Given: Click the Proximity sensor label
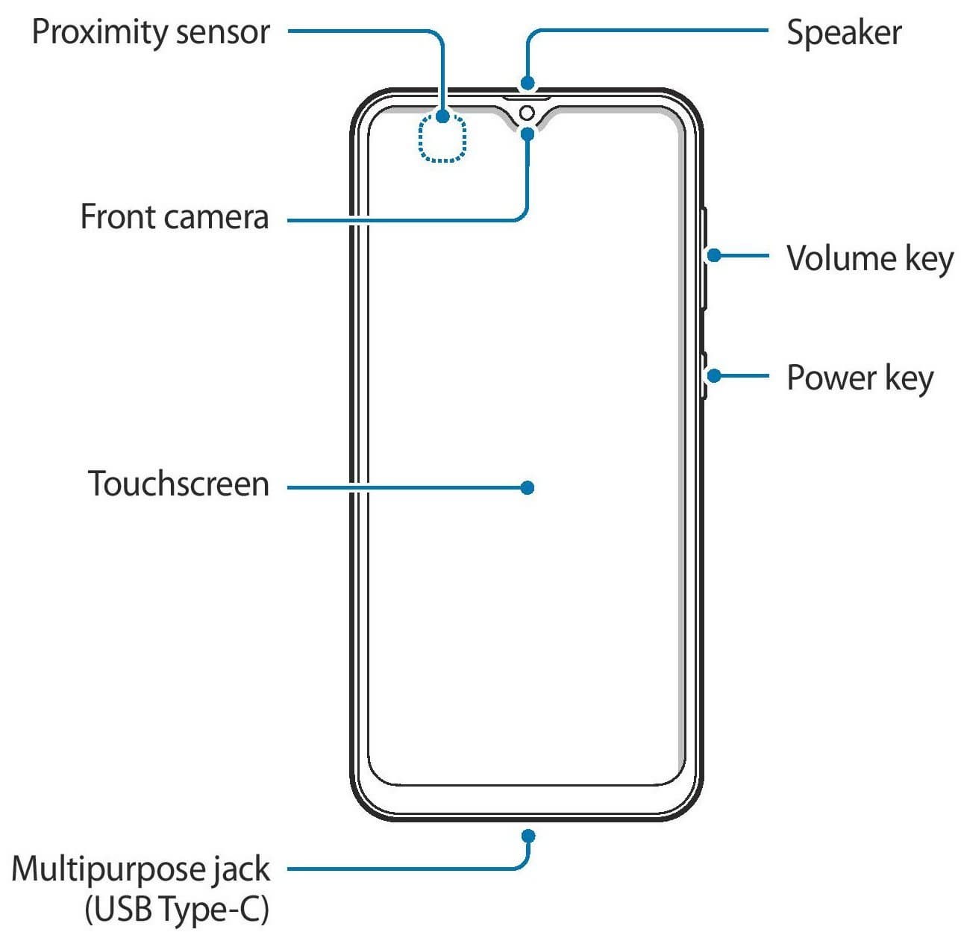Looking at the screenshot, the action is click(151, 33).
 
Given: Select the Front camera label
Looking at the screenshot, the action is click(175, 218).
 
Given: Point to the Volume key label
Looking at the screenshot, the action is click(870, 259).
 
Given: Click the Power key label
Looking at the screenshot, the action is click(860, 378).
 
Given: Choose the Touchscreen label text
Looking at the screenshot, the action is click(178, 484).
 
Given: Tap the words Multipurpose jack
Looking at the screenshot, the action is click(140, 869).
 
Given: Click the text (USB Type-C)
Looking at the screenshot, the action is click(177, 909).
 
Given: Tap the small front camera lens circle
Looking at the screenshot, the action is click(527, 113).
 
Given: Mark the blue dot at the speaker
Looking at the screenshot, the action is click(527, 83).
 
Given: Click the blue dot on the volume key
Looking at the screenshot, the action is click(714, 255).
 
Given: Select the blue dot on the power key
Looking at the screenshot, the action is click(714, 375).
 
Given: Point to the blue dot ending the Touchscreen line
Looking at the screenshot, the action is click(527, 487).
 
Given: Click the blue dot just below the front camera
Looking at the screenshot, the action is click(527, 134).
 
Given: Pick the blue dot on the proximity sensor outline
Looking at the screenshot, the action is click(442, 116).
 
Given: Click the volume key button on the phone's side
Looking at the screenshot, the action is click(704, 258).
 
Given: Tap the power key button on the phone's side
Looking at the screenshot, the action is click(704, 375).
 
